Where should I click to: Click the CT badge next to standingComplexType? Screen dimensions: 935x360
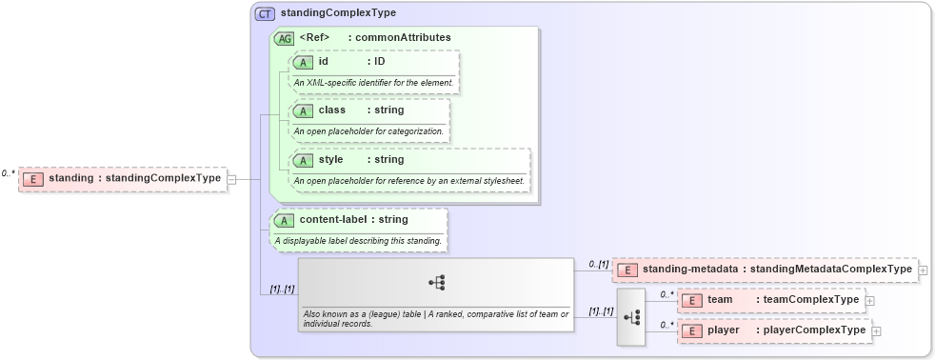[x=265, y=14]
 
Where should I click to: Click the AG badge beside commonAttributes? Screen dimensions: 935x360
[x=284, y=38]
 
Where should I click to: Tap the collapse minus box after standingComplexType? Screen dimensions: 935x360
[x=231, y=178]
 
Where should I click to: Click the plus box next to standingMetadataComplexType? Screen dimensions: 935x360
[x=923, y=270]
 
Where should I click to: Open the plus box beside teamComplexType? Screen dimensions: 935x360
[x=869, y=301]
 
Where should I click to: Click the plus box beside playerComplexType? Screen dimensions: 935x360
[x=876, y=331]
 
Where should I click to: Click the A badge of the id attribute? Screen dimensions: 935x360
[x=304, y=62]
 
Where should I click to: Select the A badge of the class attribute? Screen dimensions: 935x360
[x=304, y=110]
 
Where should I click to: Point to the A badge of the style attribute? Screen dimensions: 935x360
[x=304, y=160]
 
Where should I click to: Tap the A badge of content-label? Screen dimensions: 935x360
[x=284, y=221]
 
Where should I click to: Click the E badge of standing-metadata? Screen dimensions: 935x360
[x=627, y=270]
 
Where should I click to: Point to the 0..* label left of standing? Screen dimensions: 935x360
[x=9, y=173]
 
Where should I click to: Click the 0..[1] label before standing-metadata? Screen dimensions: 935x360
[x=598, y=264]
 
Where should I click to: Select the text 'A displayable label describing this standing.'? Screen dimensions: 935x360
[x=358, y=241]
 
